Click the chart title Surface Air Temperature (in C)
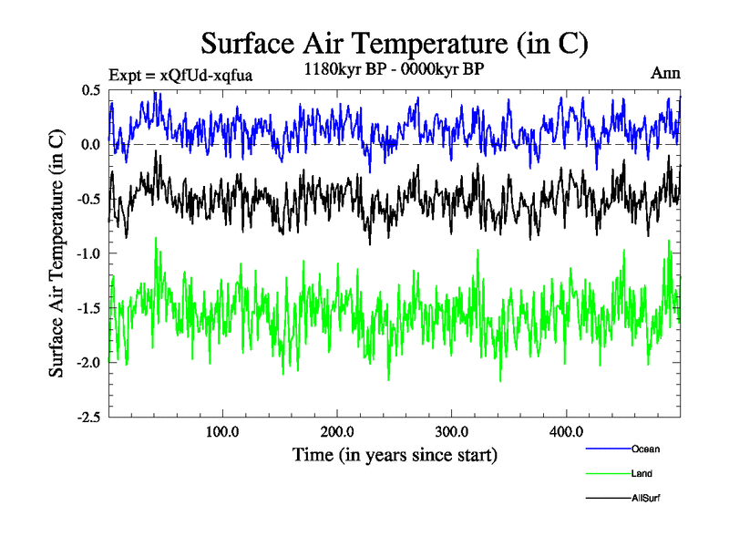(x=395, y=43)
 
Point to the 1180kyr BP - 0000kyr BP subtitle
(x=393, y=69)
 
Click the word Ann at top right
(x=665, y=73)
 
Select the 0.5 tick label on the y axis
(x=91, y=90)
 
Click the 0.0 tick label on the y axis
(x=91, y=145)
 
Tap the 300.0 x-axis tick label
(x=452, y=431)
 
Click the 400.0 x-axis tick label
(x=567, y=431)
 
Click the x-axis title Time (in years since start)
(x=395, y=453)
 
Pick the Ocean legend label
(x=645, y=449)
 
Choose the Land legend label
(x=642, y=473)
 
